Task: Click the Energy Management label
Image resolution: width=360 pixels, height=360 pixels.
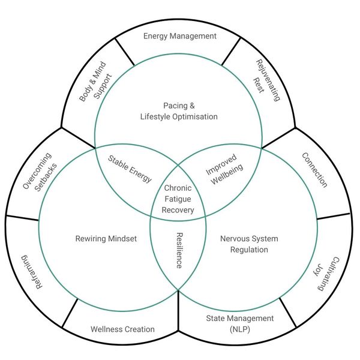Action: (x=179, y=36)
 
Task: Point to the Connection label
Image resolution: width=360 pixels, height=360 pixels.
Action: (x=314, y=170)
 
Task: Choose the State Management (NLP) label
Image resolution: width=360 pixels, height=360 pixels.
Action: (x=239, y=323)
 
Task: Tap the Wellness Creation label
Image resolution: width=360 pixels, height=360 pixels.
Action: (x=122, y=329)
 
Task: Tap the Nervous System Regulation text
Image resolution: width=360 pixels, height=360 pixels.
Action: (x=240, y=244)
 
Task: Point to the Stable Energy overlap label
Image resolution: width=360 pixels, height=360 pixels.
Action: (x=130, y=170)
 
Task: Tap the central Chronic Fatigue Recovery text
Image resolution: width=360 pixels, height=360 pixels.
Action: (x=179, y=199)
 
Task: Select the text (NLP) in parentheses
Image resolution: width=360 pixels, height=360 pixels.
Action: (x=239, y=329)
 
